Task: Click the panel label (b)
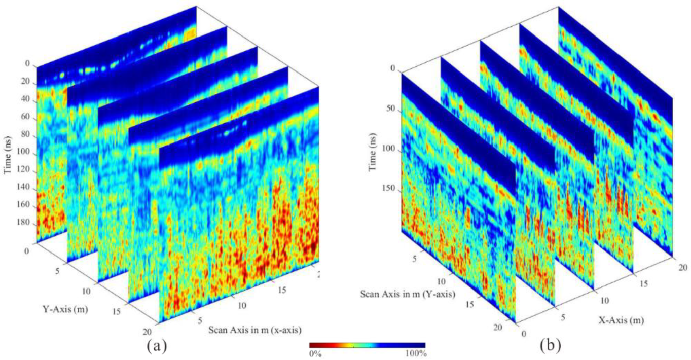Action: click(550, 346)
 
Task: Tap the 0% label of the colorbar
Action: click(316, 353)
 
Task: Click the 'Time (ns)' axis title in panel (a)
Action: click(8, 152)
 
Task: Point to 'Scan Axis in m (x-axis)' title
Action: click(254, 330)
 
